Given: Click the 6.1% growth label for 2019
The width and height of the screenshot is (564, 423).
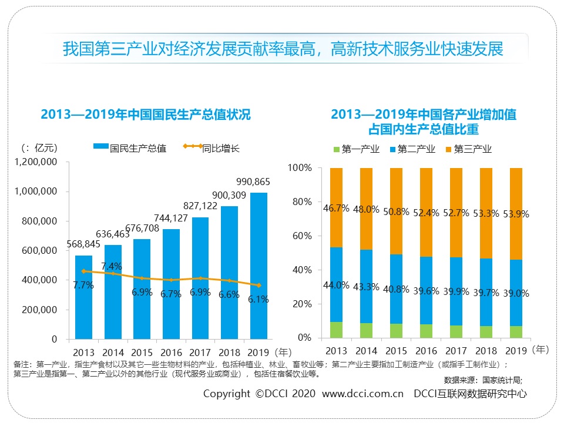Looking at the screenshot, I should pos(258,299).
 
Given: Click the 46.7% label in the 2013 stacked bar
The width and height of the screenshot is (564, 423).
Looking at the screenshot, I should pos(336,208).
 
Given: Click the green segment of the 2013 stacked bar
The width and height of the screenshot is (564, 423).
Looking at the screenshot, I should pos(336,330).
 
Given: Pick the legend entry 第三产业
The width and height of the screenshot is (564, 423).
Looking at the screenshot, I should pos(472,149).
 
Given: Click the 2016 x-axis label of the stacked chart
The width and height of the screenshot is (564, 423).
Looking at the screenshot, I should pos(427,351).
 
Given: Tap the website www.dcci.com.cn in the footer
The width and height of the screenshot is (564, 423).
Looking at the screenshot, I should pos(363,393).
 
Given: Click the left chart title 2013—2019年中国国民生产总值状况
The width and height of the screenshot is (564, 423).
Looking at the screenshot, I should pos(146,115).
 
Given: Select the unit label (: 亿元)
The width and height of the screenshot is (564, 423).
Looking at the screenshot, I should pos(39,147).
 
